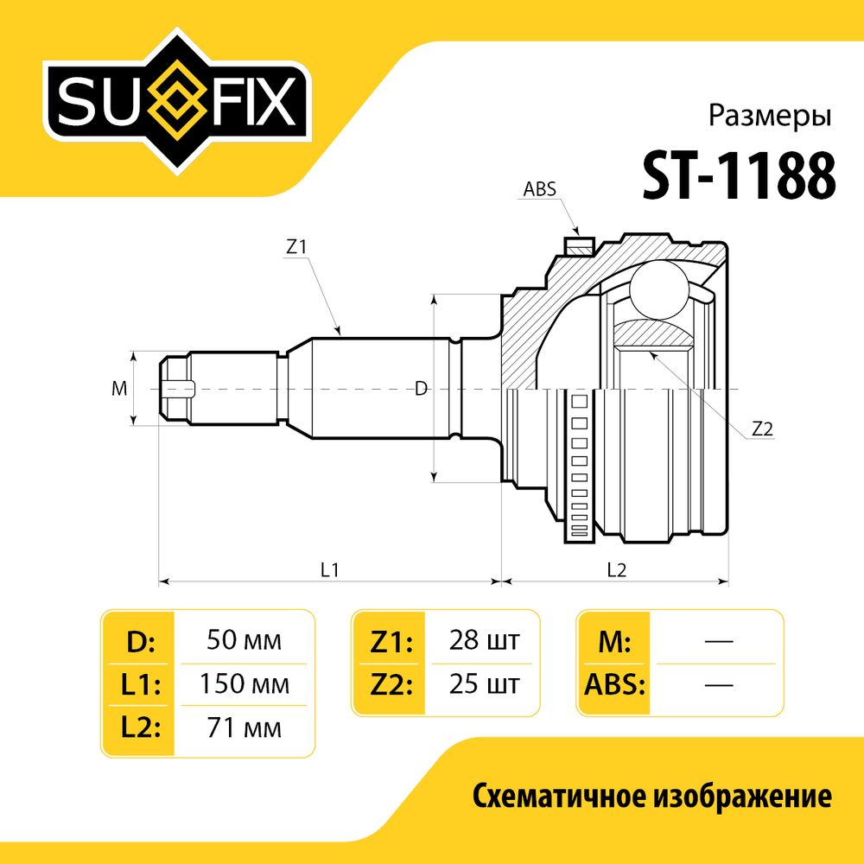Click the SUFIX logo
tap(176, 102)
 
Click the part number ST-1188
tap(739, 175)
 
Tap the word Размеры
tap(769, 117)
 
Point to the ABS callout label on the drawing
tap(539, 189)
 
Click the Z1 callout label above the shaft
tap(295, 247)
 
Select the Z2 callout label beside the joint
tap(762, 429)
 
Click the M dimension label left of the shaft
tap(119, 389)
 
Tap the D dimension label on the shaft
tap(421, 389)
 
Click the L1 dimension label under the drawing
tap(329, 569)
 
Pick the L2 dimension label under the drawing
tap(617, 569)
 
